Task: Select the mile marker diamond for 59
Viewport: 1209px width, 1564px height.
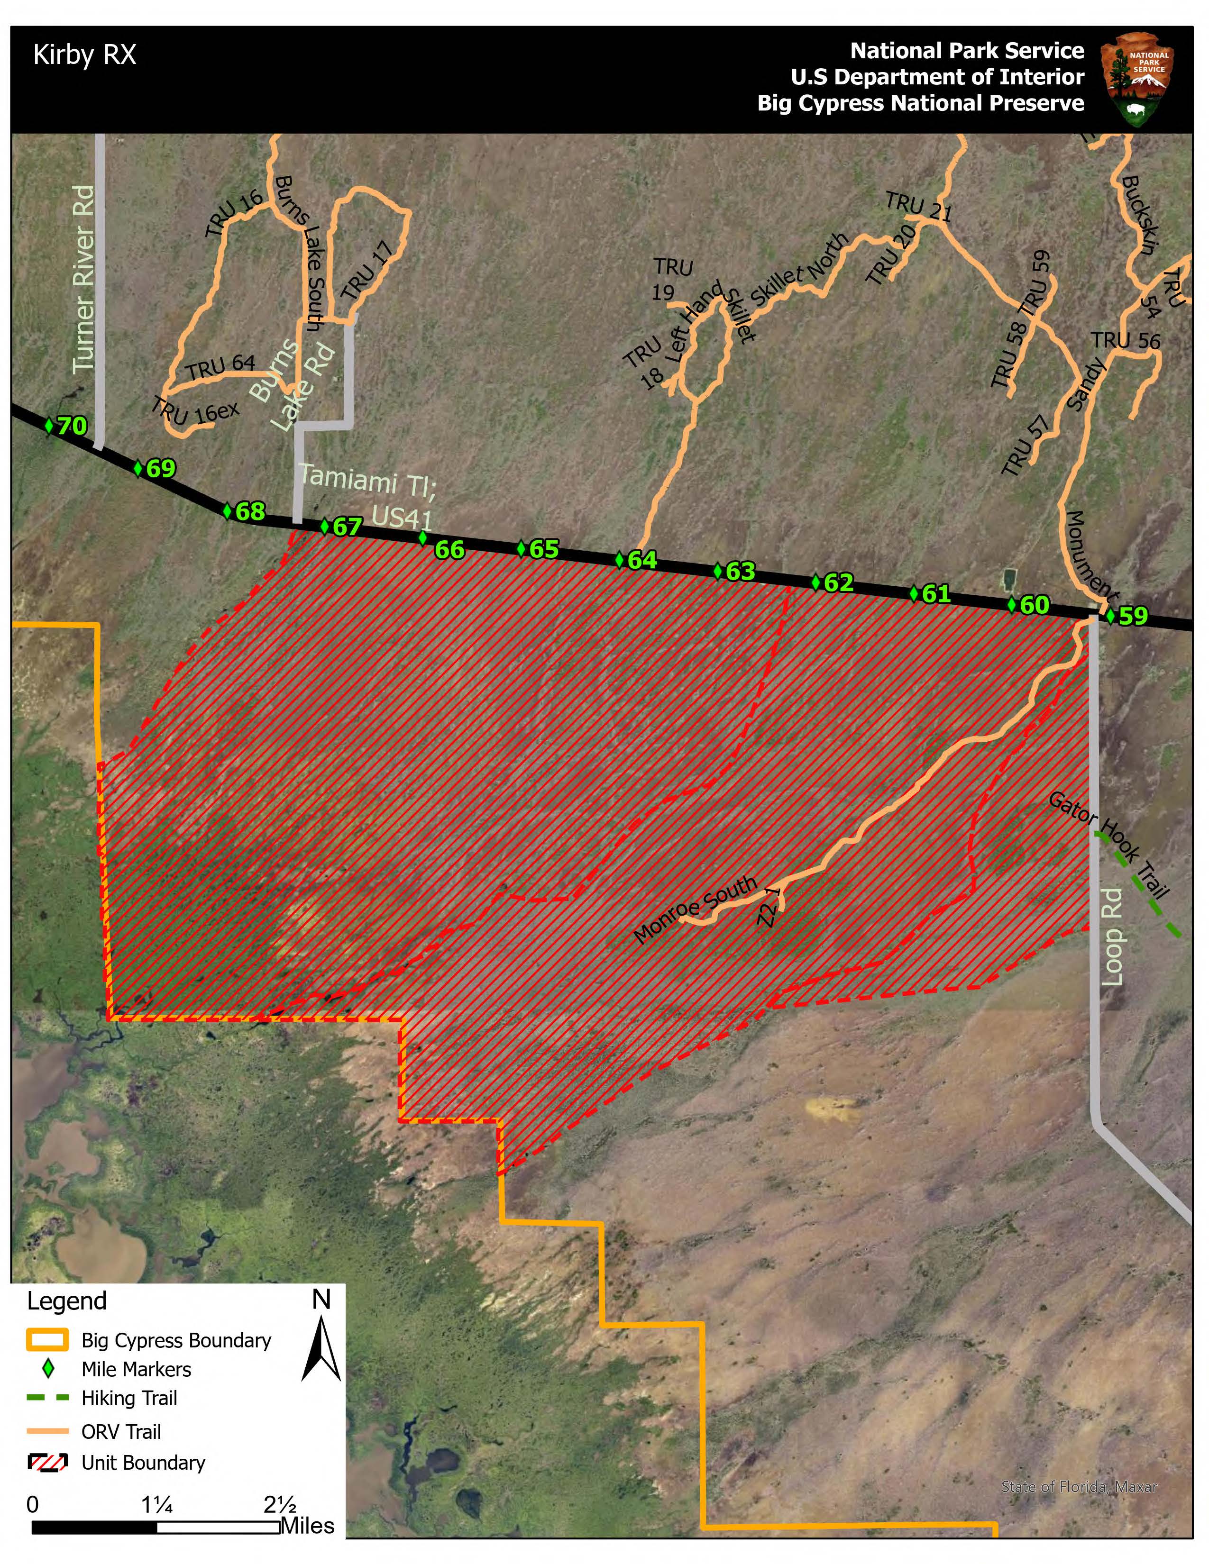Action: [x=1110, y=615]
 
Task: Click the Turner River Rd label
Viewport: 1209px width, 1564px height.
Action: [x=84, y=279]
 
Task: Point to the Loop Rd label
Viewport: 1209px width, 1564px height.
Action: [x=1112, y=937]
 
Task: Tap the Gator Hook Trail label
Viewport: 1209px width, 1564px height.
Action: [x=1109, y=845]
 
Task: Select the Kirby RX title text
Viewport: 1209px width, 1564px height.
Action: [x=84, y=55]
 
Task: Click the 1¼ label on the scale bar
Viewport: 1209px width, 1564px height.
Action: [x=157, y=1505]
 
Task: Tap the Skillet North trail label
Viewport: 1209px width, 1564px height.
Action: [x=798, y=269]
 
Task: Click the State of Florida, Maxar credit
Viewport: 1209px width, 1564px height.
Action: [x=1079, y=1487]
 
